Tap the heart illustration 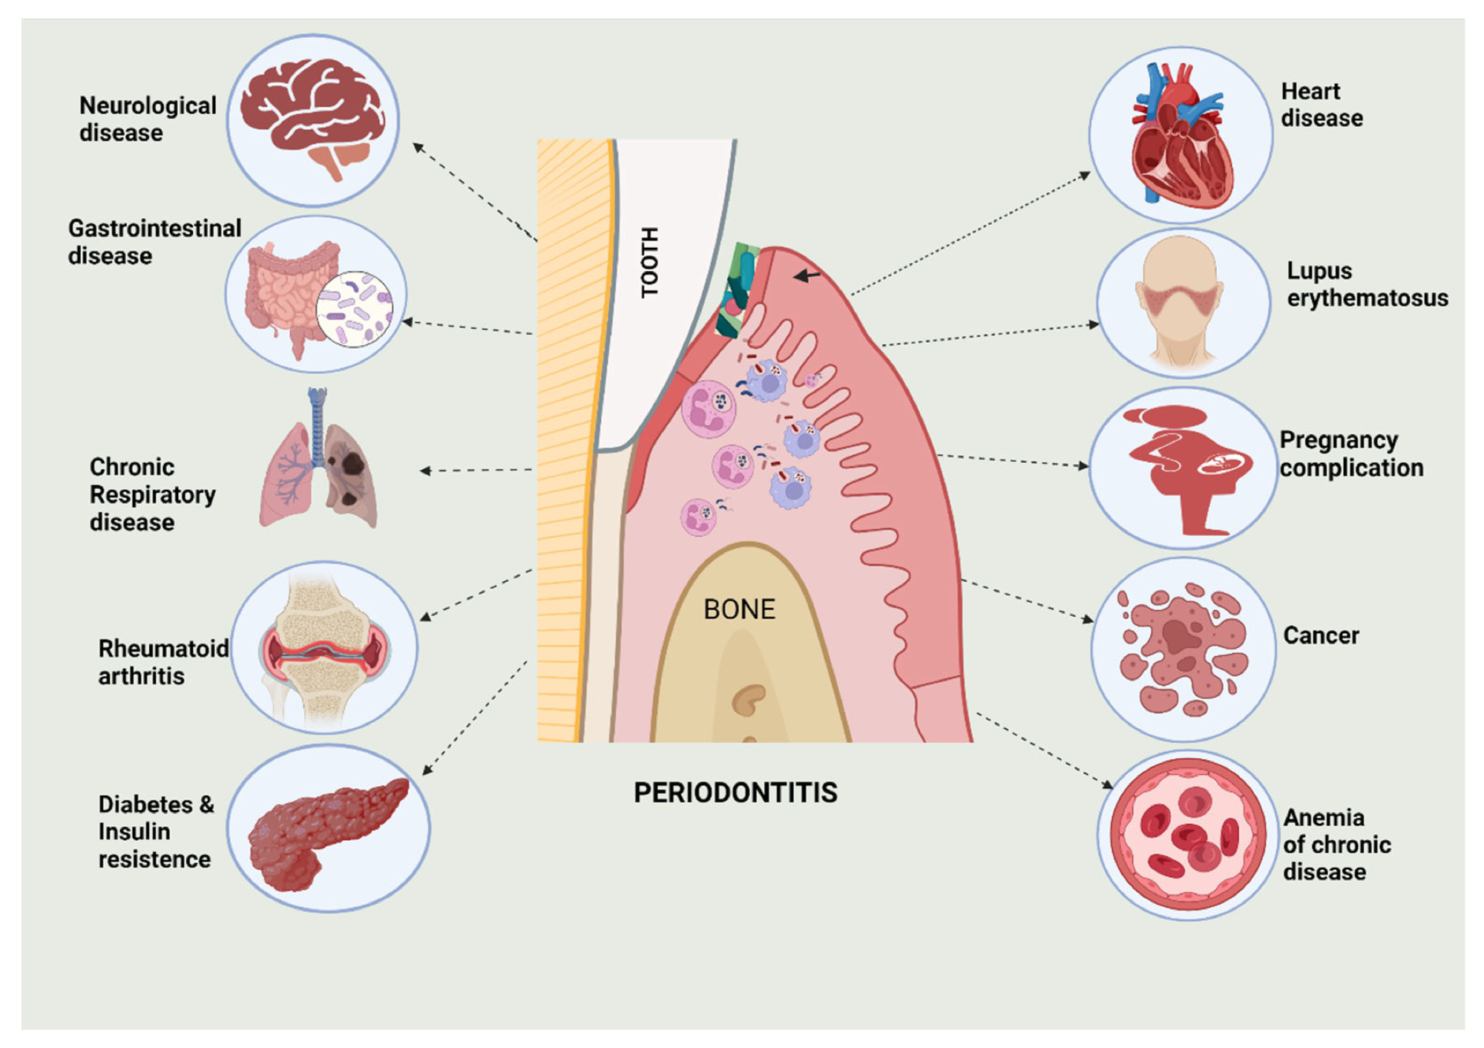tap(1180, 137)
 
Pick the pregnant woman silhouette tap(1183, 468)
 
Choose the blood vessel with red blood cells tap(1187, 835)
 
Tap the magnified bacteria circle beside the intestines tap(354, 309)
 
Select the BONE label tap(739, 609)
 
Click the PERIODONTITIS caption tap(735, 793)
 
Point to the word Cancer tap(1321, 635)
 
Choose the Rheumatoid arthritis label tap(162, 662)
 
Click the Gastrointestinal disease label tap(154, 242)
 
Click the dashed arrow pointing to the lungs tap(475, 470)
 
